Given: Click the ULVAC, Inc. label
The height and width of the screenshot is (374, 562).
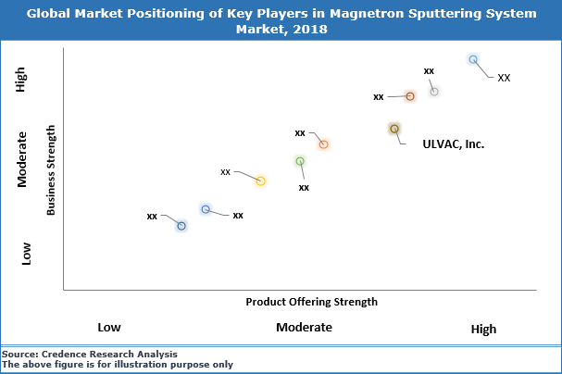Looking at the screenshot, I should (454, 144).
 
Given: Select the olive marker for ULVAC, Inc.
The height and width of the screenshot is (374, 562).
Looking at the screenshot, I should (394, 129).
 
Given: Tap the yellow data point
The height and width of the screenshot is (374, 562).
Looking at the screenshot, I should (261, 181).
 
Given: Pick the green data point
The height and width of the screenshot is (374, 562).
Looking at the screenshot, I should (300, 161).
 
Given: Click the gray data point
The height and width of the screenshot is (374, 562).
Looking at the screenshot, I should (433, 91).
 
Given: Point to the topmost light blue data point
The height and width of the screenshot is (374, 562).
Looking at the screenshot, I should (473, 59).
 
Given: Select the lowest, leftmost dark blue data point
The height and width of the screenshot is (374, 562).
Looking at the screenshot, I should (181, 226).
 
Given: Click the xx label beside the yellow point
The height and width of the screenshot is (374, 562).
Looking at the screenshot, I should (225, 171).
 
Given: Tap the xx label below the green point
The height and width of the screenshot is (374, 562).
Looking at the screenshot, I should (304, 187).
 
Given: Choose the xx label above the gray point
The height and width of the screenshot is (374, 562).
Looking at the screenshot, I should (429, 70).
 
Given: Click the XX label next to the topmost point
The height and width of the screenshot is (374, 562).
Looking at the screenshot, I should (504, 78).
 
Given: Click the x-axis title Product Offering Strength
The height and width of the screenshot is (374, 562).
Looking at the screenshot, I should (311, 302).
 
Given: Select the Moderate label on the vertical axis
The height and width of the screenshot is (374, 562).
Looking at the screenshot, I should (26, 159).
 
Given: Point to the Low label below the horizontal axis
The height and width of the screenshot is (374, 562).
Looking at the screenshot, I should (109, 328).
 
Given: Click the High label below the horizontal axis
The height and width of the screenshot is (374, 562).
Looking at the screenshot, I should (483, 329).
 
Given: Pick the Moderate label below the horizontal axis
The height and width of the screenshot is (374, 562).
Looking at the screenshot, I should (304, 328).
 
